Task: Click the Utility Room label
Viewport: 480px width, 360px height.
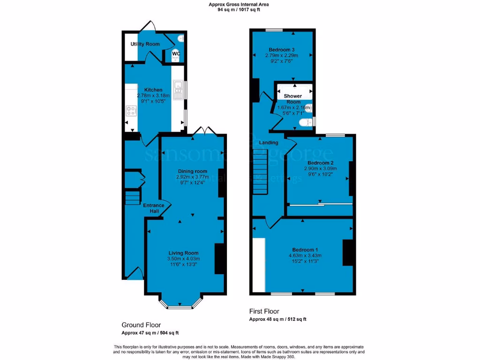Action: pyautogui.click(x=145, y=44)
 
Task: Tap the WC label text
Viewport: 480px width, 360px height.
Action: pyautogui.click(x=176, y=53)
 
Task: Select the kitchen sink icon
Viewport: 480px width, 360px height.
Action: pyautogui.click(x=178, y=90)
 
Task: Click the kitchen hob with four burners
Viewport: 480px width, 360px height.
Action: pyautogui.click(x=131, y=112)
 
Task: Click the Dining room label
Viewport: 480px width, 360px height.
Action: pyautogui.click(x=192, y=171)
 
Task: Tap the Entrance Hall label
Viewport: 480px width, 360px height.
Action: pyautogui.click(x=154, y=208)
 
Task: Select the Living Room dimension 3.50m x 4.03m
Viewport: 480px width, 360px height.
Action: pyautogui.click(x=184, y=259)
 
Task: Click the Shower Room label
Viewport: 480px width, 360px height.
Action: pyautogui.click(x=293, y=99)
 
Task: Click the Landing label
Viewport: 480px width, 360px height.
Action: pyautogui.click(x=269, y=142)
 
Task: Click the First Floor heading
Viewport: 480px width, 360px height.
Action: pyautogui.click(x=264, y=311)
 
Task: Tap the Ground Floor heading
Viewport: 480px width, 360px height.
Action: pyautogui.click(x=141, y=325)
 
